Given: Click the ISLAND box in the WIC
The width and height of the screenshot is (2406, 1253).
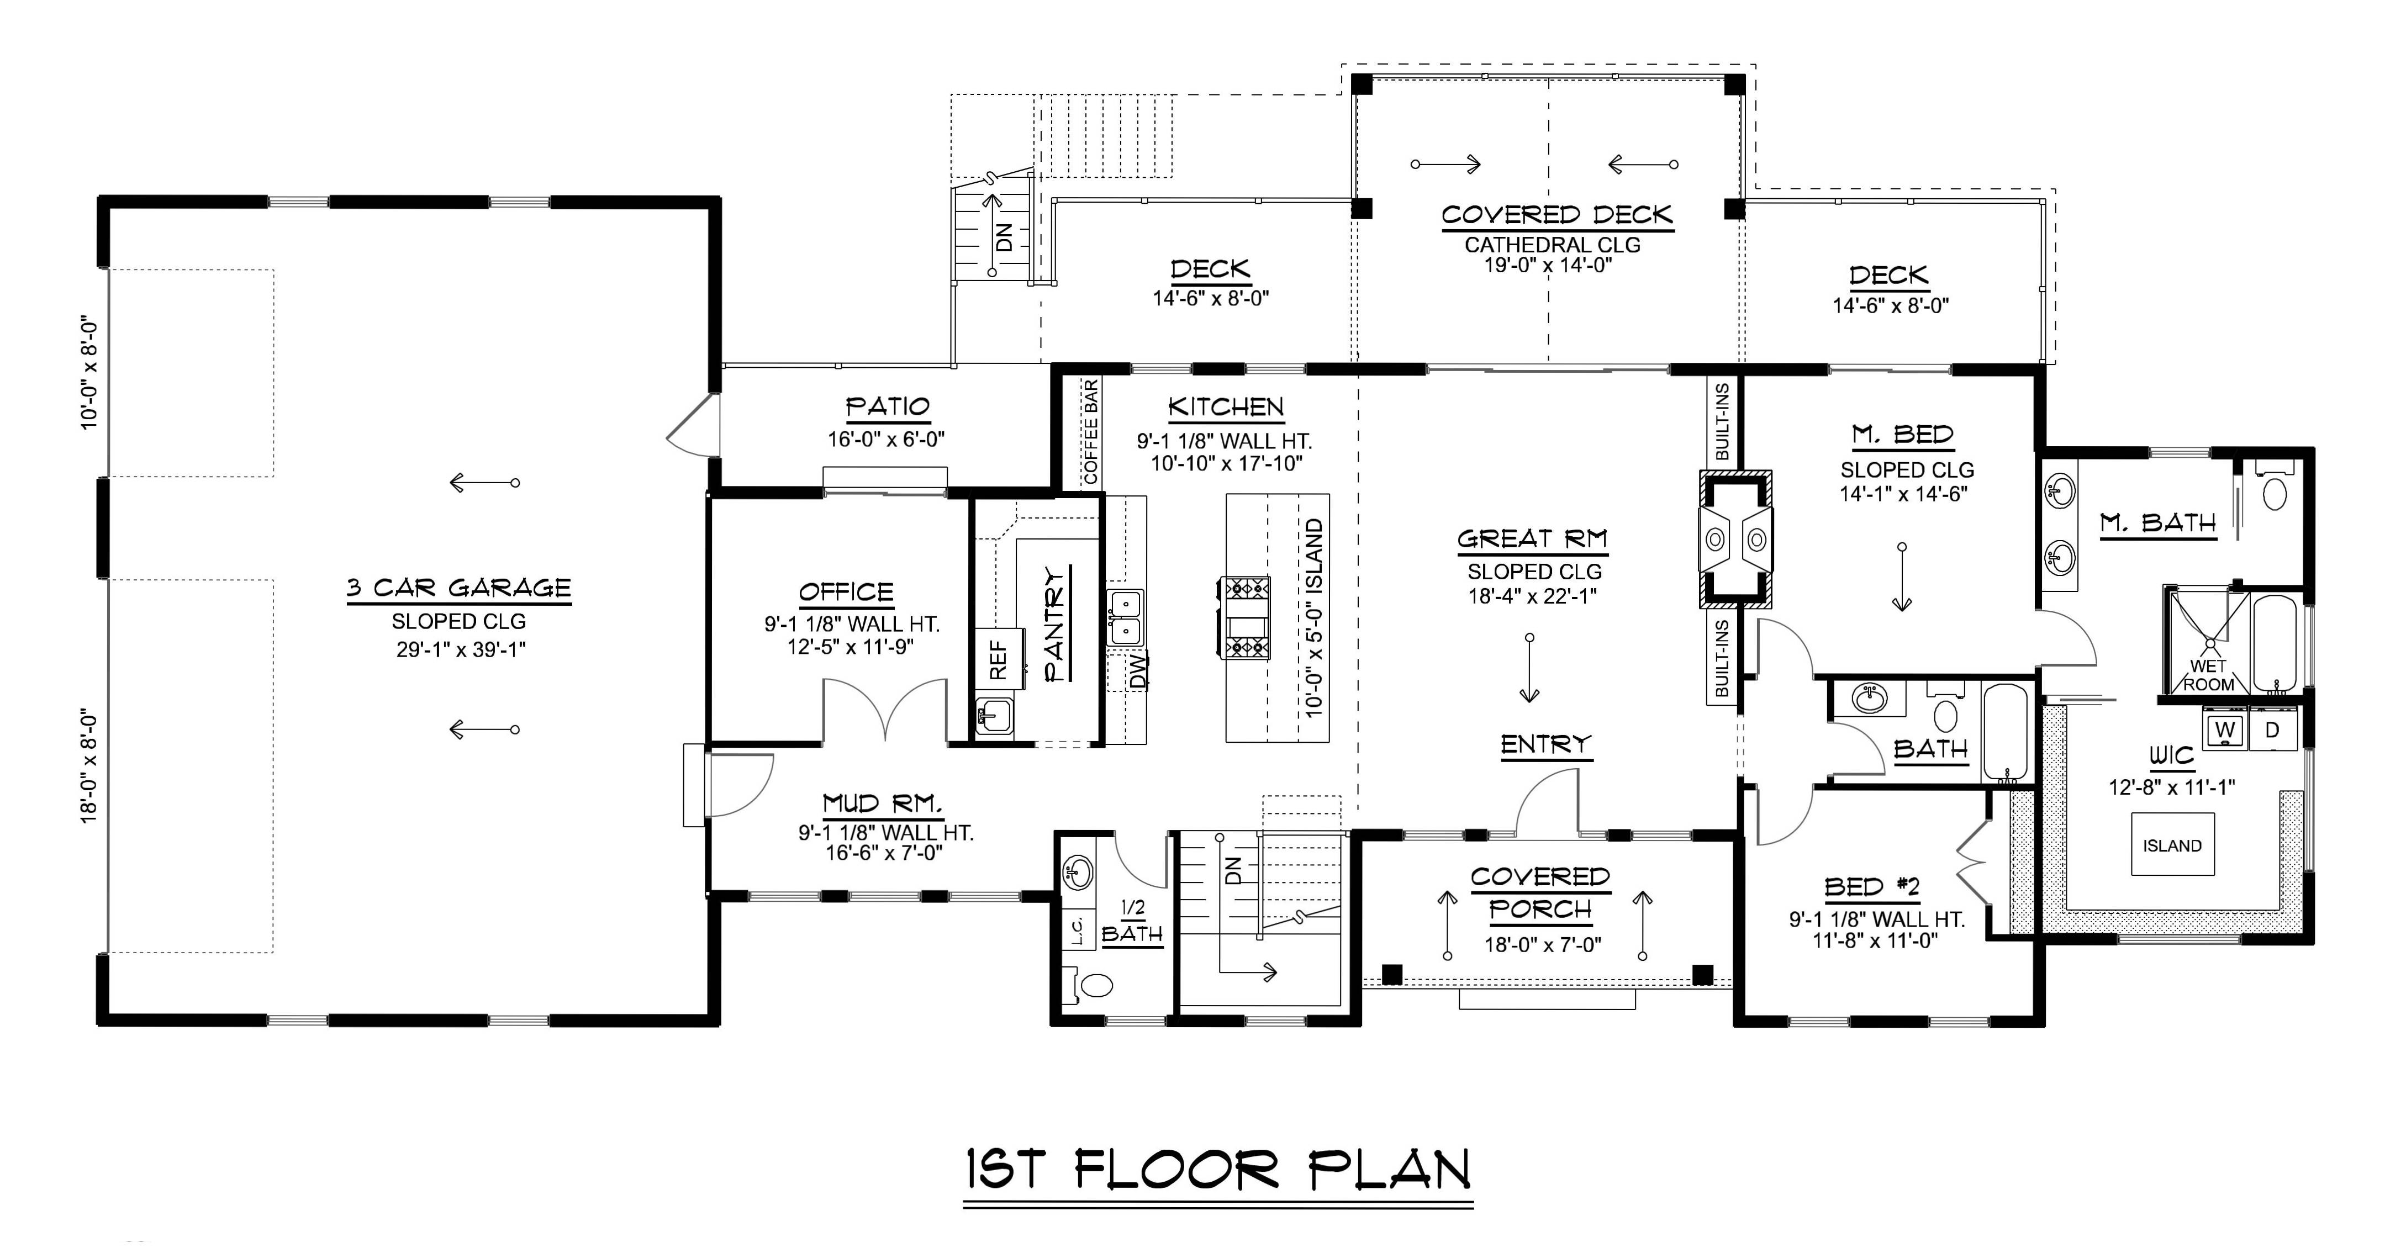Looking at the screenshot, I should coord(2172,845).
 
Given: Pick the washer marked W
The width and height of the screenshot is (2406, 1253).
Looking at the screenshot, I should coord(2226,729).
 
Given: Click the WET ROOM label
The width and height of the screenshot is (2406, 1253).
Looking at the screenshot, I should coord(2208,674).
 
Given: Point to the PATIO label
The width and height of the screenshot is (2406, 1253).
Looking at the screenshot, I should coord(887,407).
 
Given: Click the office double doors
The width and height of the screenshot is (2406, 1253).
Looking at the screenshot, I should coord(885,710).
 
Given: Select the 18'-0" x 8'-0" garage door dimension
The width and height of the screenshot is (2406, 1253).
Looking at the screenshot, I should coord(89,765).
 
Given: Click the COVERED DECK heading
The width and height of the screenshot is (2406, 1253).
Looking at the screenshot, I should coord(1556,215).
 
